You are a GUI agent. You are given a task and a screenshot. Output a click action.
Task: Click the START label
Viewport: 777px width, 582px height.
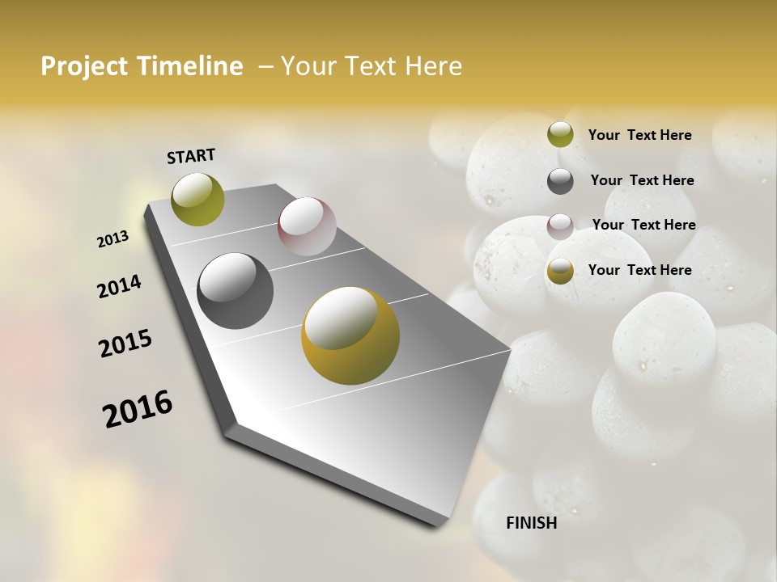(191, 156)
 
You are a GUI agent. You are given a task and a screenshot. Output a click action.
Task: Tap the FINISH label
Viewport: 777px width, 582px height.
(532, 523)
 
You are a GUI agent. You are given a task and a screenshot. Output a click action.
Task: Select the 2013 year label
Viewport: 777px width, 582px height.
(113, 239)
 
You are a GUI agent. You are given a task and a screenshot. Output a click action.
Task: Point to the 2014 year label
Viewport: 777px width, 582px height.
(119, 287)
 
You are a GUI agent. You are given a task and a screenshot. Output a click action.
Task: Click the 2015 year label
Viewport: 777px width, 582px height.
(125, 344)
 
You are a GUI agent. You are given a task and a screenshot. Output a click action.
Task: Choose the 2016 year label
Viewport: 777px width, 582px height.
(138, 409)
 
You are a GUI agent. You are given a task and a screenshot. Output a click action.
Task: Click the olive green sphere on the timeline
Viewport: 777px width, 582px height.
(198, 199)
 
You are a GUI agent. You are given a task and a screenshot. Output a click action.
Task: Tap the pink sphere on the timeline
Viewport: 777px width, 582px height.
(307, 226)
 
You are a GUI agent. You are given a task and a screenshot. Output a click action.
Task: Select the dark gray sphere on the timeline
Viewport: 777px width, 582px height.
(235, 291)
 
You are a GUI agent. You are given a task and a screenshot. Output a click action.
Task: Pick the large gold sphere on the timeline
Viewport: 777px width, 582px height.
(350, 335)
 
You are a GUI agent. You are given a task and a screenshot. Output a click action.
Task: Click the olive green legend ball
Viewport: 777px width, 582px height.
(560, 135)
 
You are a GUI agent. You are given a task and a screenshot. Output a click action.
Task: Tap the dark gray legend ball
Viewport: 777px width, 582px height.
(560, 181)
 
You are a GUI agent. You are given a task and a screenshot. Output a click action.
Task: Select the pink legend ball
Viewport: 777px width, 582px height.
(560, 226)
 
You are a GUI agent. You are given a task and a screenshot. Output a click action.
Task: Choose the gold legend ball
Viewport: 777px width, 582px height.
(560, 271)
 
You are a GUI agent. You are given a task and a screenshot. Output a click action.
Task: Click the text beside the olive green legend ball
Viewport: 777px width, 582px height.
(639, 135)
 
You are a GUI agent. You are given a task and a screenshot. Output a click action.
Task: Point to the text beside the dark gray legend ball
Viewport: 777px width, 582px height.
(642, 180)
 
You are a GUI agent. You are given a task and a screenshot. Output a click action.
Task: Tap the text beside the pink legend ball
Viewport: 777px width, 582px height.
(643, 225)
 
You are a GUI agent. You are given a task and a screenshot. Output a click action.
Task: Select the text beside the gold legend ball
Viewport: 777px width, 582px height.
(639, 270)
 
